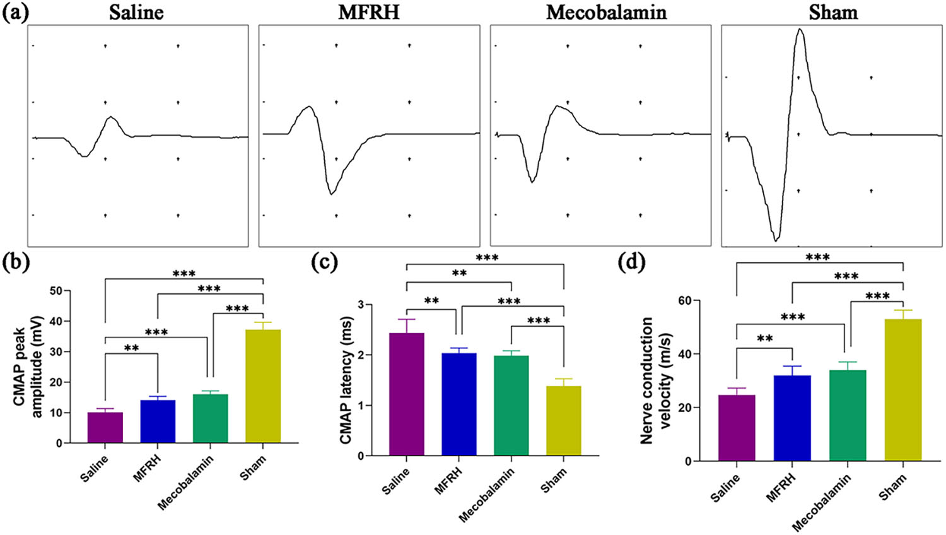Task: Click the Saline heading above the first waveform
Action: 136,13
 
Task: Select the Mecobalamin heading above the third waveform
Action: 606,13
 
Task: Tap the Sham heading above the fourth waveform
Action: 833,13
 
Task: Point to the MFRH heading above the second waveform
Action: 369,13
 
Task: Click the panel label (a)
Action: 15,12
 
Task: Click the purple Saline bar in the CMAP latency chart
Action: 407,394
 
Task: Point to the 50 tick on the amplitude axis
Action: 56,291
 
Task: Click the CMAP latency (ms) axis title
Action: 346,380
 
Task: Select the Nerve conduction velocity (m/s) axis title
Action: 655,380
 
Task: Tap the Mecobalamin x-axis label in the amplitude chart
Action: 186,483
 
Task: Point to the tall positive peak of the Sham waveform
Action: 800,30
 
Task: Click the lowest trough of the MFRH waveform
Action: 331,194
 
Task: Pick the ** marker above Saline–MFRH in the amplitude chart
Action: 131,348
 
